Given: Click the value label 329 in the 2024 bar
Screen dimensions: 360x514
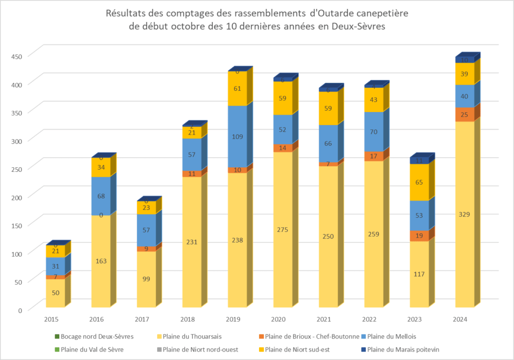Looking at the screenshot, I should pyautogui.click(x=464, y=214).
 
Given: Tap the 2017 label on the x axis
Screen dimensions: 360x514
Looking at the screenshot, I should pyautogui.click(x=142, y=319).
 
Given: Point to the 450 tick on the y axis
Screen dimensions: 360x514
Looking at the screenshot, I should pyautogui.click(x=17, y=56).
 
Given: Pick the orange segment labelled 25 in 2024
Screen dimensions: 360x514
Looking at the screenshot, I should pyautogui.click(x=464, y=114).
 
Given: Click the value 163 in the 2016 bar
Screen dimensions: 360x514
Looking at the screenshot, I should pyautogui.click(x=100, y=261).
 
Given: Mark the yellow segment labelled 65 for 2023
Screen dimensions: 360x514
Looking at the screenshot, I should pyautogui.click(x=419, y=182).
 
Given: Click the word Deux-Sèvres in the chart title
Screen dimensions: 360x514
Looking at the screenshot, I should pyautogui.click(x=359, y=27).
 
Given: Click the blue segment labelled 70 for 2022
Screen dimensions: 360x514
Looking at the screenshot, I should pyautogui.click(x=373, y=132).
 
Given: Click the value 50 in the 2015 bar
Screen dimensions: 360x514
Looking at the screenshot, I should pyautogui.click(x=55, y=293).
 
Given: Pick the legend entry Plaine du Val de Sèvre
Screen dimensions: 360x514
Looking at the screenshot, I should pyautogui.click(x=95, y=350).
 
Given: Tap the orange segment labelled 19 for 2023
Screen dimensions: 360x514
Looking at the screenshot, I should pyautogui.click(x=419, y=236).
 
